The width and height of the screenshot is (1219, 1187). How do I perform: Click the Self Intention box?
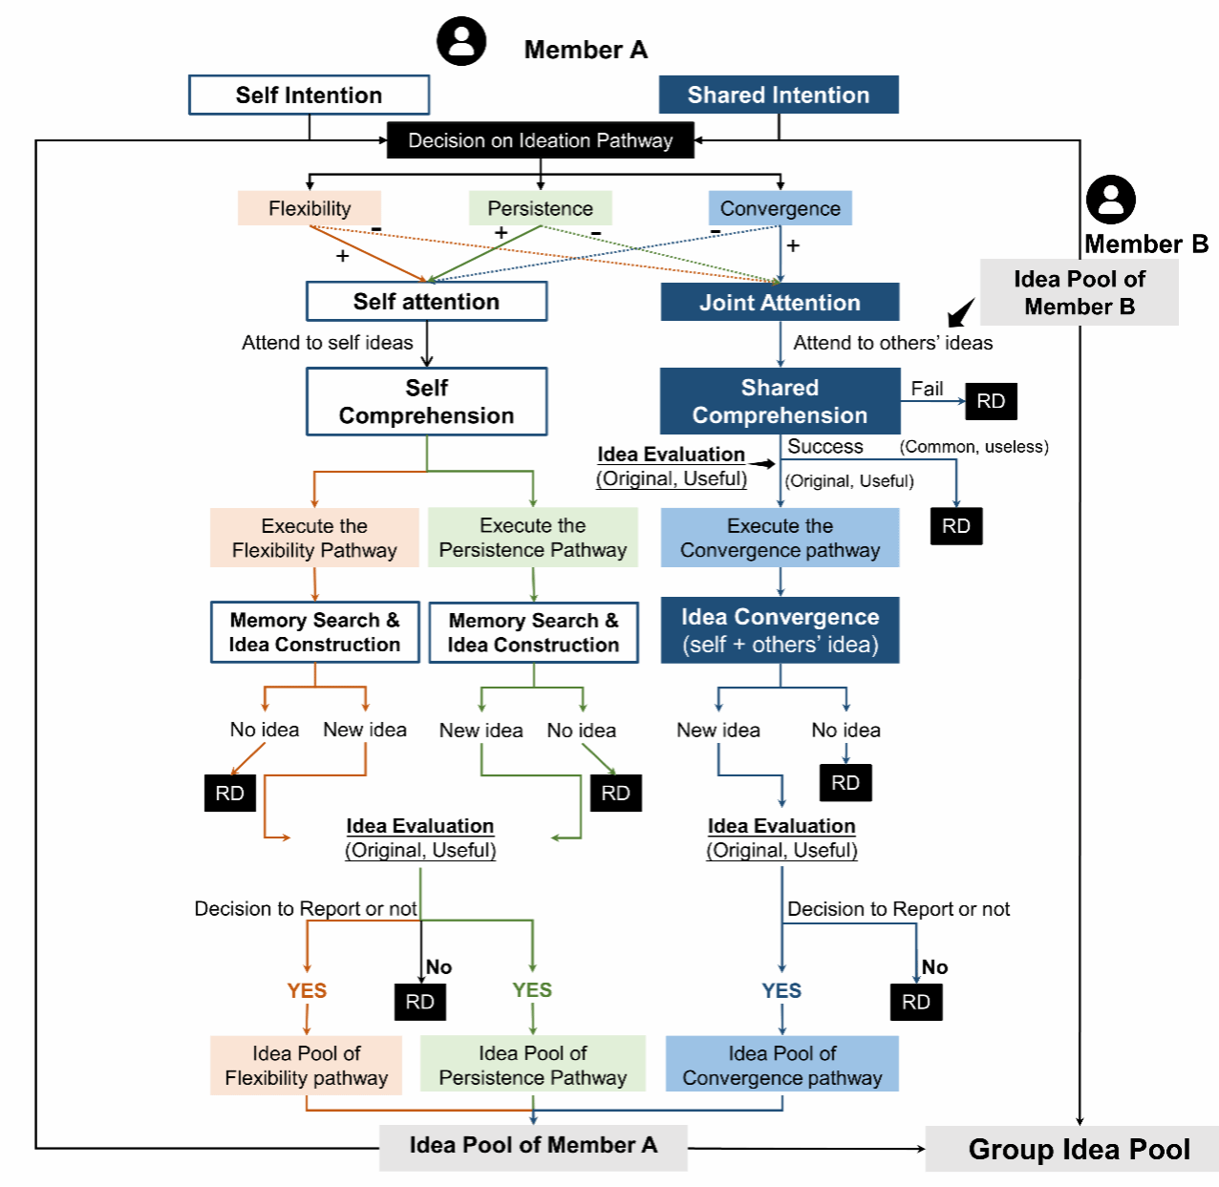pos(309,95)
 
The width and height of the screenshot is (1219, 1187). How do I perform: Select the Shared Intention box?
pos(779,95)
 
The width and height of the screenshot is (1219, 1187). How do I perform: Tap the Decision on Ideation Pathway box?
pos(540,140)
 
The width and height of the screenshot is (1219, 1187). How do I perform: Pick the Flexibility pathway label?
pos(310,208)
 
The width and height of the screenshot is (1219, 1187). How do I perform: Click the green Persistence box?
pos(540,208)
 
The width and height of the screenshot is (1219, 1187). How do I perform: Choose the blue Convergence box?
pos(780,208)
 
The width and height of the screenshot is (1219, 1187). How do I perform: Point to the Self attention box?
pos(426,302)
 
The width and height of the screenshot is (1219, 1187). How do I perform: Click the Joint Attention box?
pos(780,303)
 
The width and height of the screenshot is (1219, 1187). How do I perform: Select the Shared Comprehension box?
pos(780,401)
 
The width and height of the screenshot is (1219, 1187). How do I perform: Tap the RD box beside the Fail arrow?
pos(991,401)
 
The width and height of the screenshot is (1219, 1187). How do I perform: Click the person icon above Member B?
pos(1110,200)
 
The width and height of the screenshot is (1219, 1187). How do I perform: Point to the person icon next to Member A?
pos(461,42)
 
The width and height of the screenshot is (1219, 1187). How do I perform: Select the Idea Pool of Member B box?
pos(1079,292)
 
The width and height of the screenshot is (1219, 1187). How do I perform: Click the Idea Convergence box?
pos(780,630)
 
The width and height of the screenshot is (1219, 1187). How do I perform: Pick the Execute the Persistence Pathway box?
pos(532,538)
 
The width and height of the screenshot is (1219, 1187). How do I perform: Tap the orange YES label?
pos(307,990)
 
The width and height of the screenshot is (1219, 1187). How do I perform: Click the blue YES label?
pos(781,990)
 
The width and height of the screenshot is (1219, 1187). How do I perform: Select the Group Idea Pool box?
pos(1079,1149)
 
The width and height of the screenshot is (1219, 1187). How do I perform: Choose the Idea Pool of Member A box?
pos(533,1146)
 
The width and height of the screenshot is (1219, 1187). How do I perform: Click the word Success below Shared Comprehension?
pos(824,446)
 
